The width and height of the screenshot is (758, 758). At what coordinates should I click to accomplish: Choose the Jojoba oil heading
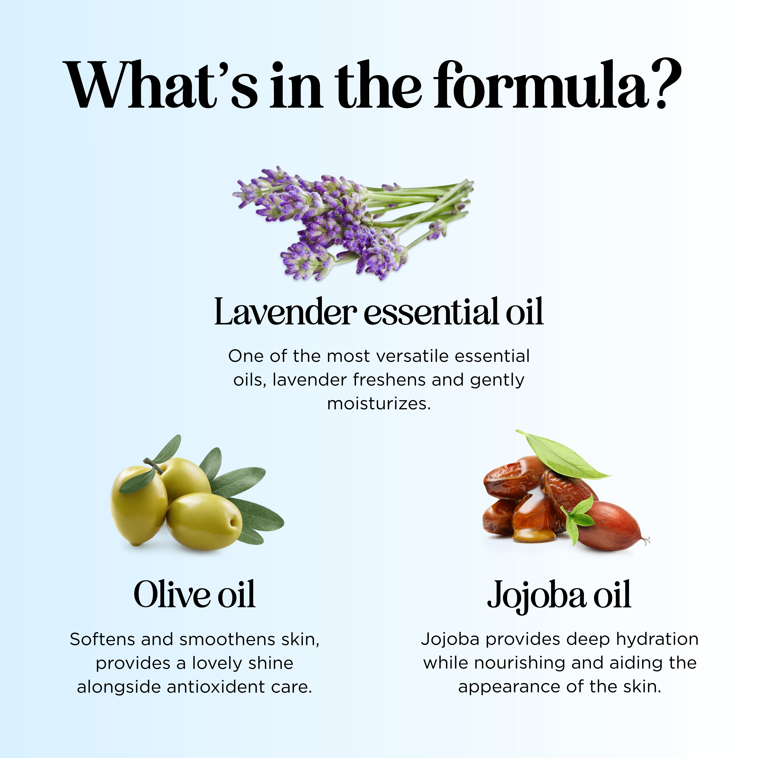(559, 596)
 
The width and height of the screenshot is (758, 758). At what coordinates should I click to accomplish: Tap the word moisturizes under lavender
(379, 404)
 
